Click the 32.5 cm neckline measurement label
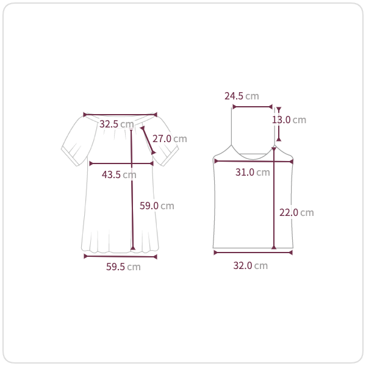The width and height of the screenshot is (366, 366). (x=117, y=124)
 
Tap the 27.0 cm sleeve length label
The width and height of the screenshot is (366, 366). (x=170, y=138)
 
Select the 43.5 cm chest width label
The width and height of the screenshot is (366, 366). (x=119, y=174)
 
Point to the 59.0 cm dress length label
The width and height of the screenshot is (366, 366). (x=157, y=206)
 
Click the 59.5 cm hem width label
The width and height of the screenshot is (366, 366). (x=123, y=267)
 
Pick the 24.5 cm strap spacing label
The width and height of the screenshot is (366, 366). (x=242, y=96)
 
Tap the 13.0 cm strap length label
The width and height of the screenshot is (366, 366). (x=289, y=120)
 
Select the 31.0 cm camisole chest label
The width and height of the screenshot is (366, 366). (x=253, y=172)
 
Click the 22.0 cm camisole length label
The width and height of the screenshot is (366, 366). (x=296, y=212)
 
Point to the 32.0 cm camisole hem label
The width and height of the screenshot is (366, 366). (x=251, y=265)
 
